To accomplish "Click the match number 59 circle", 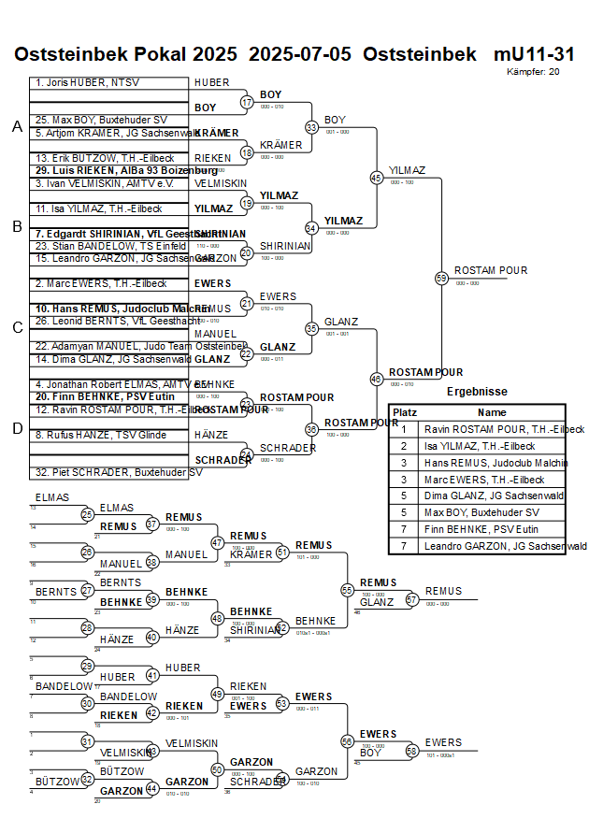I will tap(441, 278).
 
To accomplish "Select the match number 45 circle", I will tap(376, 177).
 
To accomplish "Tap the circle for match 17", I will tap(247, 102).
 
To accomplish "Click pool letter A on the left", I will tap(17, 127).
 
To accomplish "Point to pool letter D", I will tap(17, 428).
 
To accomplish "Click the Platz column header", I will tap(404, 412).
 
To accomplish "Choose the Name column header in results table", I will tap(492, 412).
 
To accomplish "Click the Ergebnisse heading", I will tap(477, 392).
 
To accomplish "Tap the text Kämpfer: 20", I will tap(534, 71).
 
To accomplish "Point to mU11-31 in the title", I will tap(534, 54).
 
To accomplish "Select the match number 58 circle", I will tap(411, 750).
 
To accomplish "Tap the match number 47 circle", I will tap(218, 542).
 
